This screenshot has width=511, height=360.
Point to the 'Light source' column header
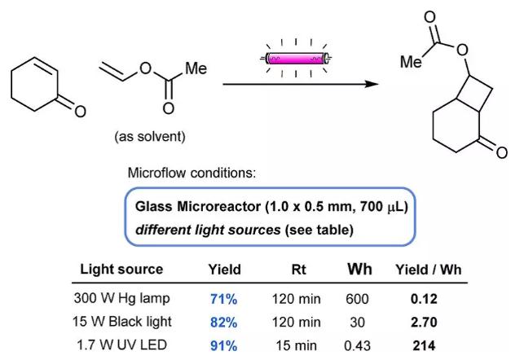[x=122, y=270]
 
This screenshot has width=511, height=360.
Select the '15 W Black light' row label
[x=123, y=322]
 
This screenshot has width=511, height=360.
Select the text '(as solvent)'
[x=149, y=136]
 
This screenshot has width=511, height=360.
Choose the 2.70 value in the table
[x=426, y=322]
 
